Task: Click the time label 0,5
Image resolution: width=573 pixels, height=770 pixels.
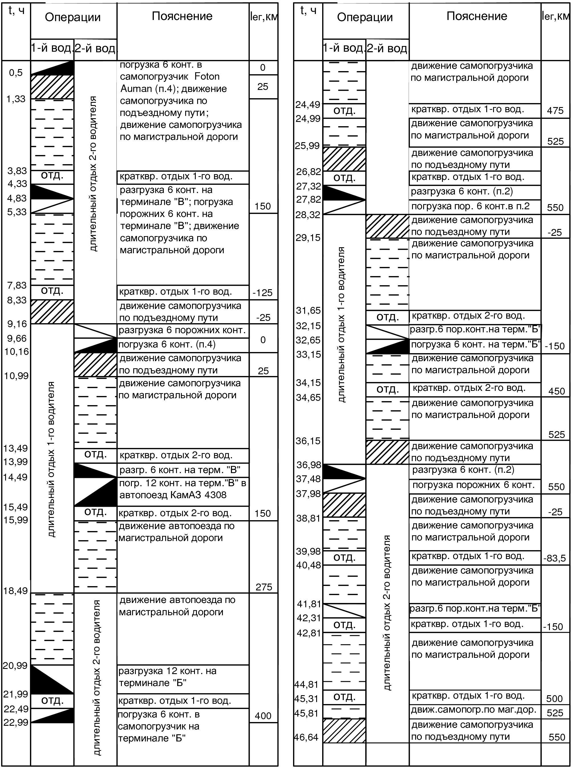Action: click(x=16, y=73)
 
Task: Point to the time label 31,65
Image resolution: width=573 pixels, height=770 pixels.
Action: click(x=308, y=310)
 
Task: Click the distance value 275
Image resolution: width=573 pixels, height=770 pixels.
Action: click(x=263, y=587)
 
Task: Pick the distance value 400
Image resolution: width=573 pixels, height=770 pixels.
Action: click(x=263, y=715)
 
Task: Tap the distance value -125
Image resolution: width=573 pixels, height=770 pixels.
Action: click(x=263, y=293)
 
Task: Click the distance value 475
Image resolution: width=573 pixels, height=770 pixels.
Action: click(x=555, y=111)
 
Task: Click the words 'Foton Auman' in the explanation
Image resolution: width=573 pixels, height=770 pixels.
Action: click(x=170, y=83)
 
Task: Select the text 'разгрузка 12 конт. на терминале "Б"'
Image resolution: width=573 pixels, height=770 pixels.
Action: click(x=167, y=677)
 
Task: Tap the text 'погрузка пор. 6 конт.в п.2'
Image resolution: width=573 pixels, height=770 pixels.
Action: click(x=470, y=206)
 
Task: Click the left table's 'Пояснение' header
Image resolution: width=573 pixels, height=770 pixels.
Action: click(x=182, y=16)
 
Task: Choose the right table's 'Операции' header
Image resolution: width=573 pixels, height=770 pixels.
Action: click(x=365, y=17)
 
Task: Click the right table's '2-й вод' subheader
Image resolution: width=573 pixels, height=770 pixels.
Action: click(x=387, y=48)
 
